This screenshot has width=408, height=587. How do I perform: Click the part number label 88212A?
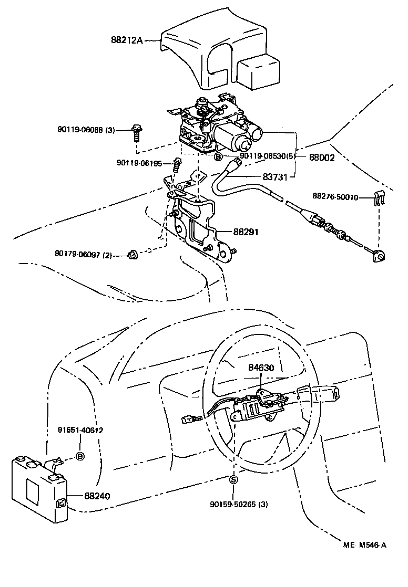pyautogui.click(x=127, y=40)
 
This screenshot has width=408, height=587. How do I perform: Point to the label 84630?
pyautogui.click(x=261, y=369)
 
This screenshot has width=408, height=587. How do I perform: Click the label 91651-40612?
pyautogui.click(x=80, y=430)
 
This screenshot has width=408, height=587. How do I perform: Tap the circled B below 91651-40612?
pyautogui.click(x=80, y=456)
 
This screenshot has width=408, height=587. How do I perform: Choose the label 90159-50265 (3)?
pyautogui.click(x=239, y=505)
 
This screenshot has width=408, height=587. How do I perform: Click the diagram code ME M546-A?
pyautogui.click(x=362, y=544)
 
